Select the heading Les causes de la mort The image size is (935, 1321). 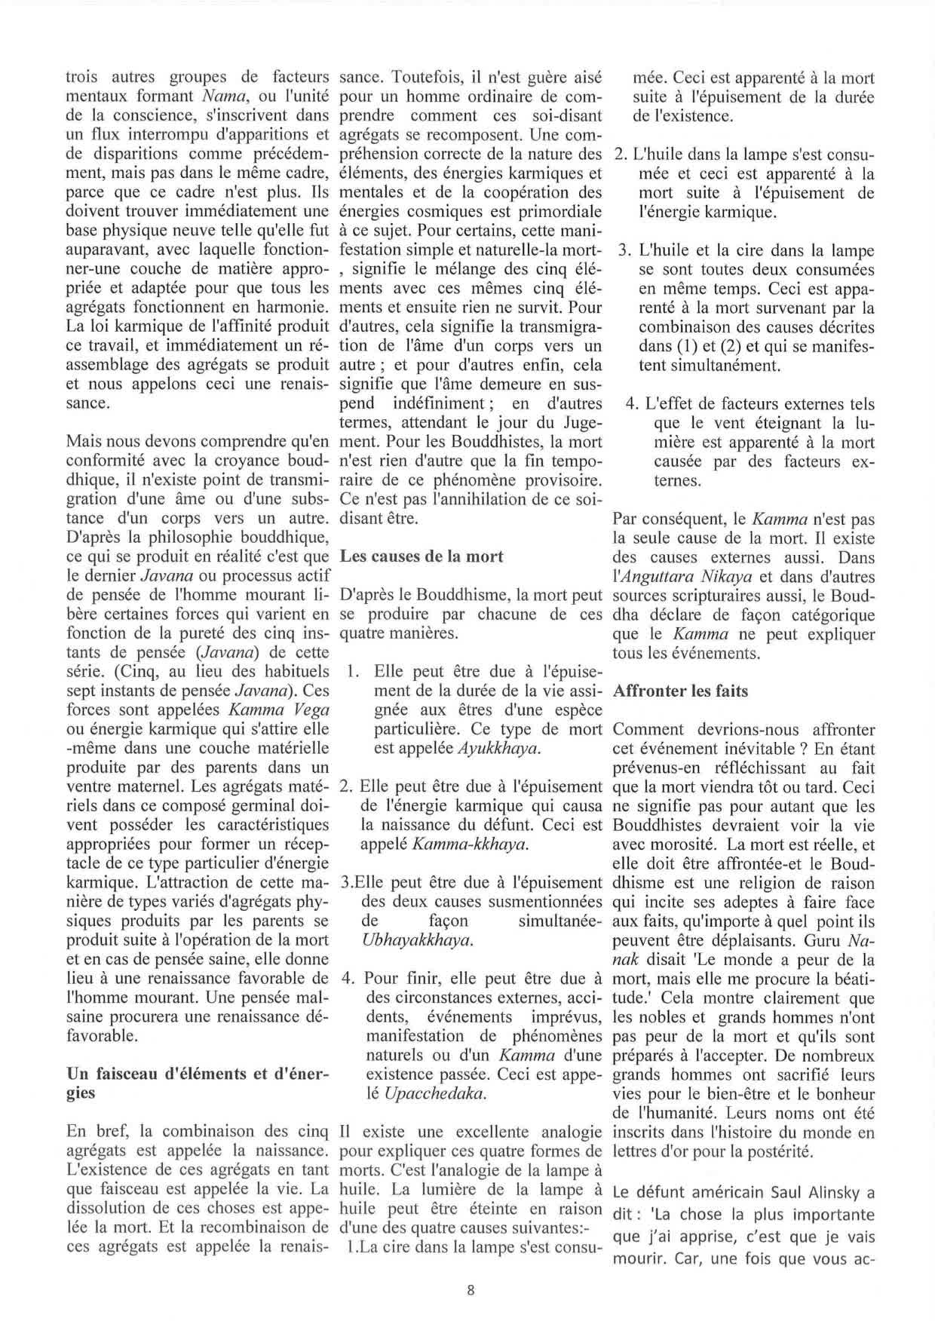[422, 557]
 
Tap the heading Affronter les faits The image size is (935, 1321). [681, 691]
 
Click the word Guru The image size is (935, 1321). [820, 941]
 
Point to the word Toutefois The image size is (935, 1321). [425, 78]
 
